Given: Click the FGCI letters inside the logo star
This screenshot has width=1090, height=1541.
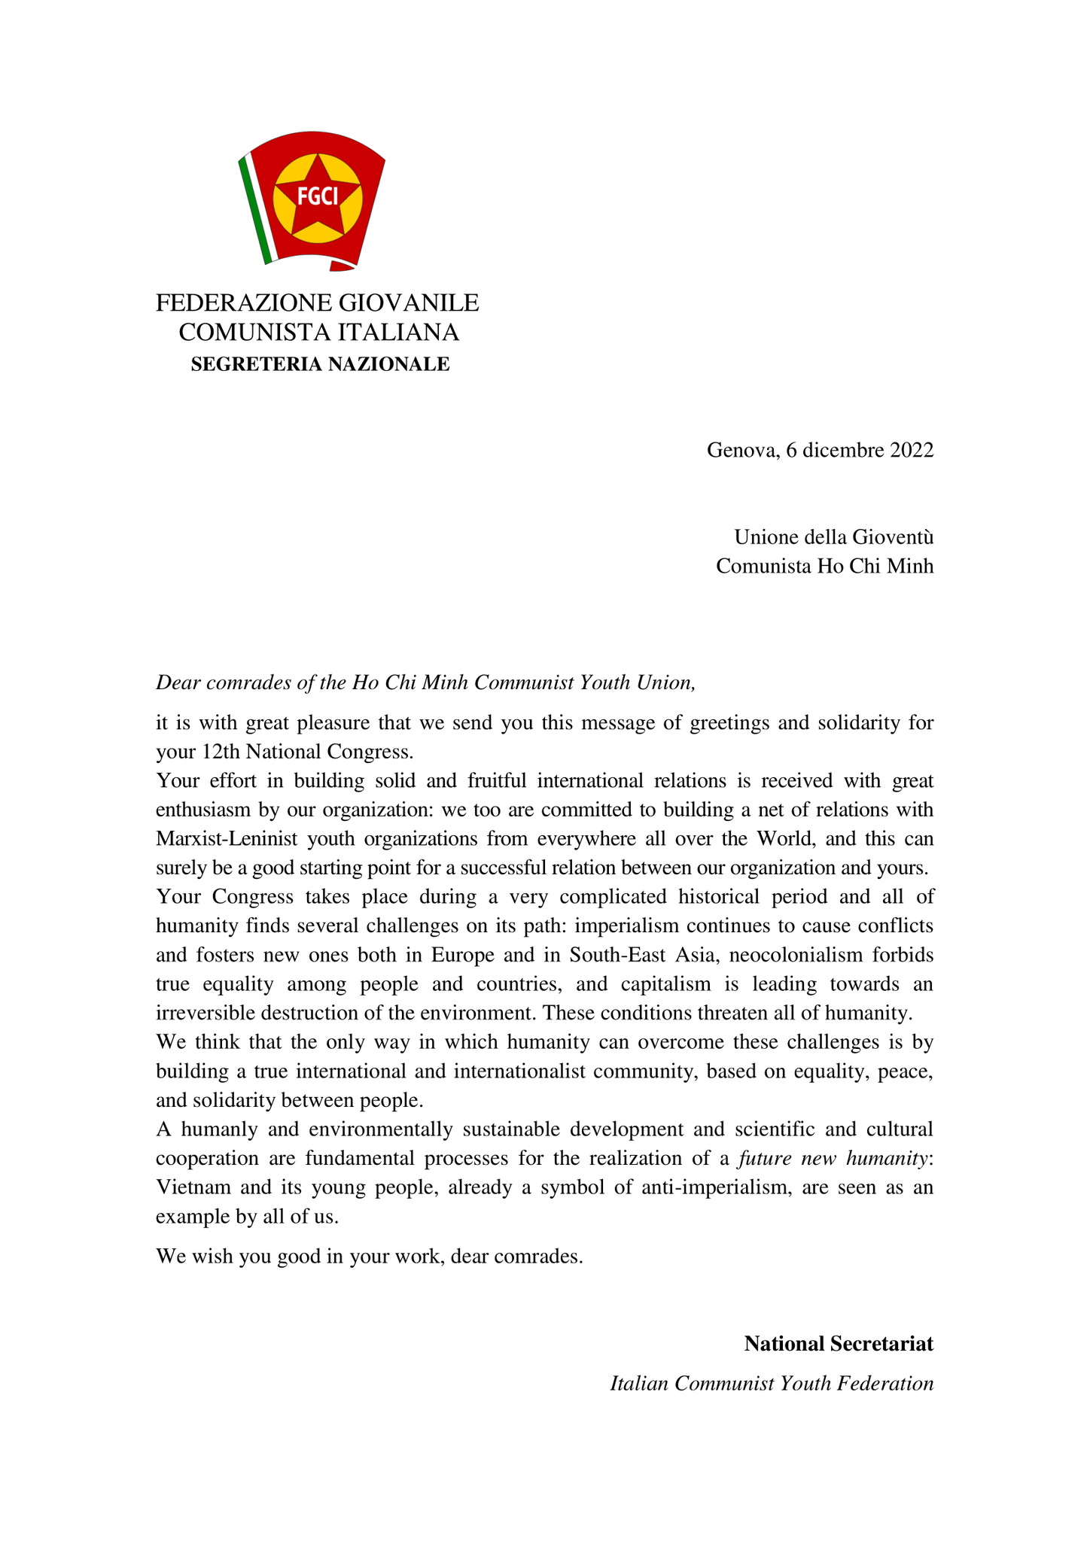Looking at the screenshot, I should pos(317,196).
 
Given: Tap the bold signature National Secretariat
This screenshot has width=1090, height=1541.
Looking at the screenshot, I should pos(839,1344).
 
